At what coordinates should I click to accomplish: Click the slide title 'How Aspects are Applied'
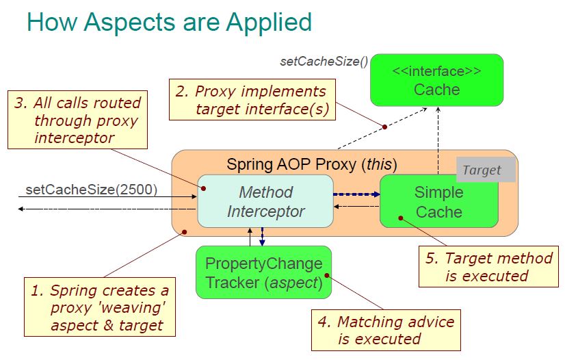point(169,22)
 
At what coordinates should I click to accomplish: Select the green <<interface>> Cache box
point(436,80)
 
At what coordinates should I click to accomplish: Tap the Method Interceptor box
point(265,201)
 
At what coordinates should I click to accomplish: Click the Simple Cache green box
point(438,201)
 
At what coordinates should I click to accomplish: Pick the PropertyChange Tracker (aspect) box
point(263,272)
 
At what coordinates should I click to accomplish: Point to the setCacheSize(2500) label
point(91,189)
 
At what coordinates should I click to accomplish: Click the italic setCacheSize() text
point(324,62)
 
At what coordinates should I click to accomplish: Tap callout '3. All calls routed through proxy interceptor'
point(77,120)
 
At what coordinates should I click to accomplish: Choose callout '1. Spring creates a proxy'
point(99,307)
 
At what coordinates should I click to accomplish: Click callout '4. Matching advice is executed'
point(386,330)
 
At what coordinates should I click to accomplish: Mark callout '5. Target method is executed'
point(488,267)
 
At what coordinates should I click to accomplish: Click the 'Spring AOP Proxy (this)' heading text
point(311,164)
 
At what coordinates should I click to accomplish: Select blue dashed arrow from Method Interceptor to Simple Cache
point(356,194)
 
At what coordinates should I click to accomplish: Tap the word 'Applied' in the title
point(271,22)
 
